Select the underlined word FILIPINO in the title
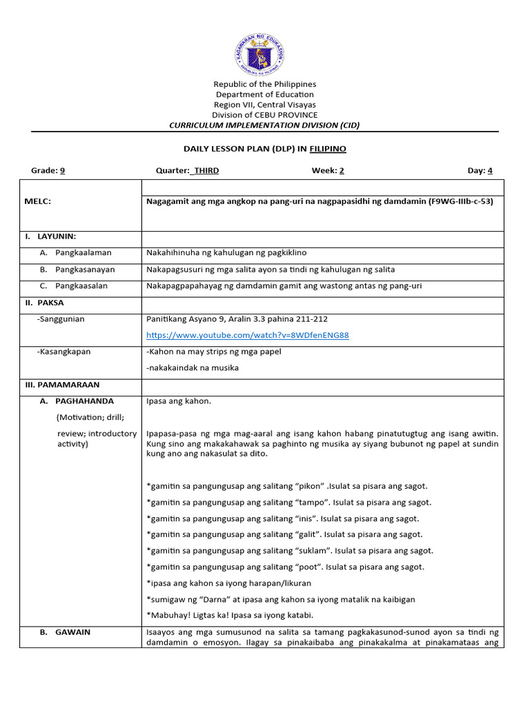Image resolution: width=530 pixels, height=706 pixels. coord(328,148)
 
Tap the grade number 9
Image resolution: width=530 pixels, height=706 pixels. coord(62,170)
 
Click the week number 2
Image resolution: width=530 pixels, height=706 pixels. coord(341,170)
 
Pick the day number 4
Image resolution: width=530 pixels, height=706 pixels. coord(490,170)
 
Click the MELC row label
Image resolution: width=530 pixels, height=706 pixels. coord(38,201)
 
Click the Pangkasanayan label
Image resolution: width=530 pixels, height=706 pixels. coord(86,270)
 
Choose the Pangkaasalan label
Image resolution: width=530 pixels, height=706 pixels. coord(83,285)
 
